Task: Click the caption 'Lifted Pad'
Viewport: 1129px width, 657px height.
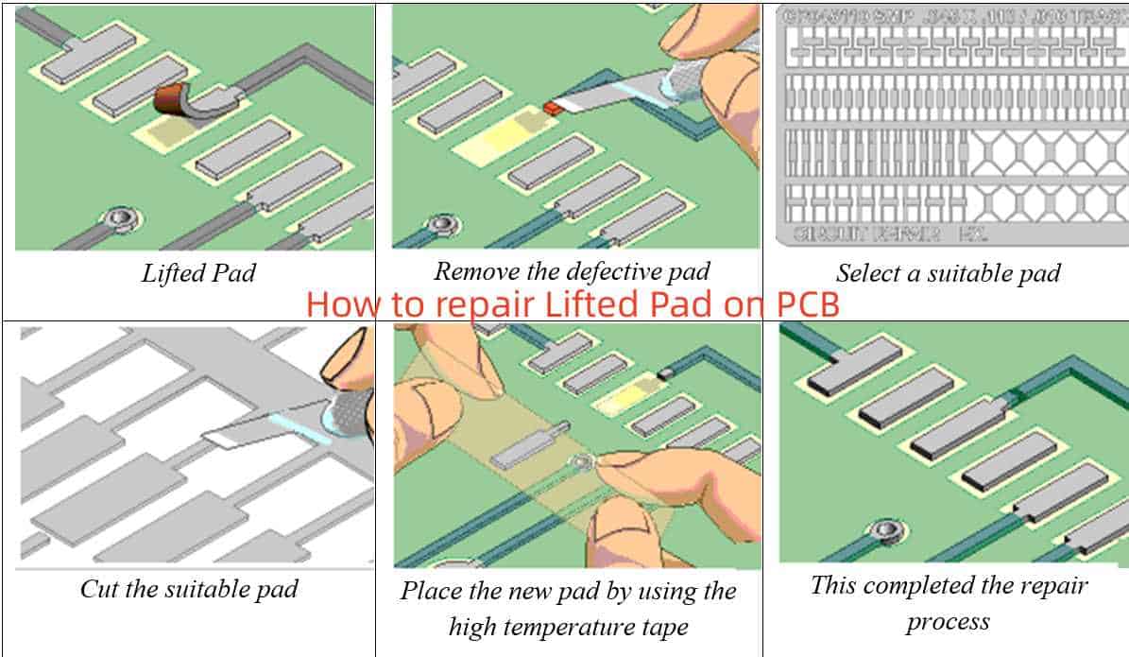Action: [198, 274]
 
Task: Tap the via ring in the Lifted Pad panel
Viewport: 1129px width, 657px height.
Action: [119, 219]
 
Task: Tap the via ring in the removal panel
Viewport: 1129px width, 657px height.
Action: [439, 225]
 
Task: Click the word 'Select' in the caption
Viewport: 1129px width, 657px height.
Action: [865, 274]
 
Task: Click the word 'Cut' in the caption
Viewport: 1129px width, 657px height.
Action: [97, 590]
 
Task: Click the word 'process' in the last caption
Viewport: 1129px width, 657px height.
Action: [948, 621]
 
